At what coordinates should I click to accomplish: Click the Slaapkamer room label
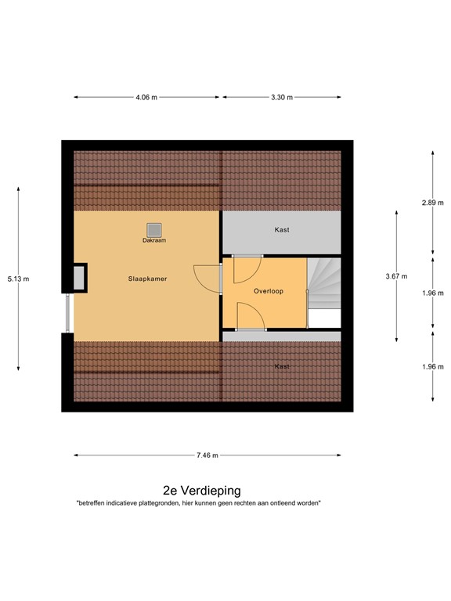148,278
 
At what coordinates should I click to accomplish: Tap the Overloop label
268,291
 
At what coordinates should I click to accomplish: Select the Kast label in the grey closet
281,230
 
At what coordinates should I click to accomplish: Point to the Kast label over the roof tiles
281,365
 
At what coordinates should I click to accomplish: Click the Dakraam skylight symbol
153,229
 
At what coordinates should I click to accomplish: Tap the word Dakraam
153,240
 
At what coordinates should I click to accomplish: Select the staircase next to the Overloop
323,286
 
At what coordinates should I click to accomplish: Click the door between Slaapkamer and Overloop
220,278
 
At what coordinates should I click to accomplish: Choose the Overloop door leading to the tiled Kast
251,330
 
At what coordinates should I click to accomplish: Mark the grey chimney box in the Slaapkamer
80,278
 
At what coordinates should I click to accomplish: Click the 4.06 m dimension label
146,98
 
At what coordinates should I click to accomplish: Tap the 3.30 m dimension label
282,98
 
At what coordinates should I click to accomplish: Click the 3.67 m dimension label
396,276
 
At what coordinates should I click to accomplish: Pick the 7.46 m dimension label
207,455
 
